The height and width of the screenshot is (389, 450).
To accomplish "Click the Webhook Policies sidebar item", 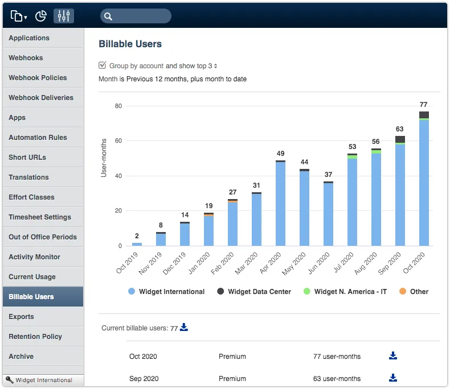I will pyautogui.click(x=38, y=78).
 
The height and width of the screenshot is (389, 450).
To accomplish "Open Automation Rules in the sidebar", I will pyautogui.click(x=38, y=138).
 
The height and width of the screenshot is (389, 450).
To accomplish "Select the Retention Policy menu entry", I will pyautogui.click(x=35, y=337).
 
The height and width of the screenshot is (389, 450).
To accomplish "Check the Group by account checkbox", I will pyautogui.click(x=103, y=65).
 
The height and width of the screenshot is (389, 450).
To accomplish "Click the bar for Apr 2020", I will pyautogui.click(x=280, y=204).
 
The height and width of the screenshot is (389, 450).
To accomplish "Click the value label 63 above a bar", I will pyautogui.click(x=400, y=129).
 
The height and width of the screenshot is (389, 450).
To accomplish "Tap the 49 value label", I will pyautogui.click(x=280, y=154).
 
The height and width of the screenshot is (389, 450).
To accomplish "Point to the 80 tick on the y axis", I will pyautogui.click(x=118, y=106).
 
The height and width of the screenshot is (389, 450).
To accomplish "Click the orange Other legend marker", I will pyautogui.click(x=402, y=292).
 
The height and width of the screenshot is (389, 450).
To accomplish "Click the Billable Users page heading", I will pyautogui.click(x=130, y=44).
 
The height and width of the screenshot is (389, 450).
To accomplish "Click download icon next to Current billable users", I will pyautogui.click(x=184, y=328).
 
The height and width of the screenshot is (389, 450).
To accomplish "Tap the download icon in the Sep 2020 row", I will pyautogui.click(x=393, y=378).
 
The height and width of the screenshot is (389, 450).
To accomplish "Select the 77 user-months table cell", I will pyautogui.click(x=337, y=357).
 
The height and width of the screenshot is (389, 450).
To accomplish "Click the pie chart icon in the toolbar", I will pyautogui.click(x=41, y=16).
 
